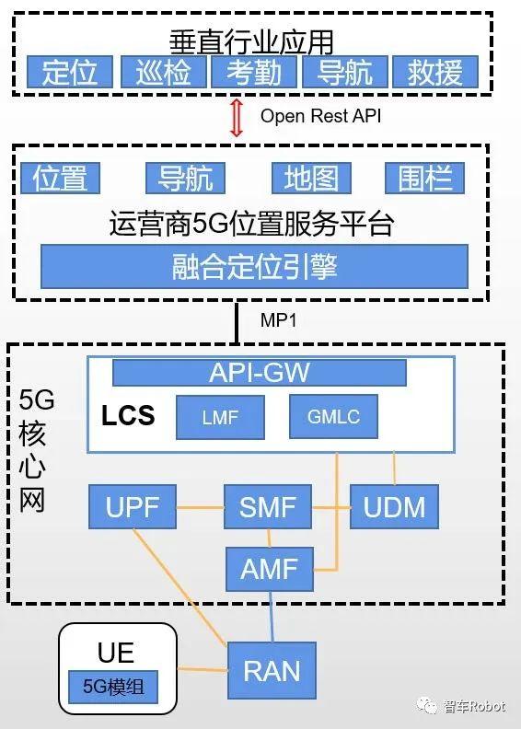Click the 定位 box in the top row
click(x=69, y=73)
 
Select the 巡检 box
click(x=162, y=73)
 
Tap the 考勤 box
click(x=253, y=73)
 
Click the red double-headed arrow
click(x=237, y=117)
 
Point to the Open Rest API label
click(x=319, y=116)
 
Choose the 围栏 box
click(x=424, y=178)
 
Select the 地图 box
click(x=311, y=178)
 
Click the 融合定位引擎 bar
click(x=254, y=267)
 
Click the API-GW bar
click(x=259, y=373)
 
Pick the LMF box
click(x=220, y=418)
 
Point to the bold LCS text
click(x=128, y=416)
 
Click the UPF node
click(x=133, y=508)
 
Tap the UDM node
click(x=394, y=508)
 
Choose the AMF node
click(x=269, y=569)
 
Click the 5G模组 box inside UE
click(x=112, y=687)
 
